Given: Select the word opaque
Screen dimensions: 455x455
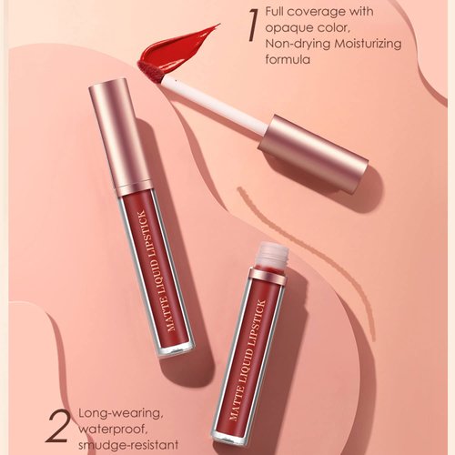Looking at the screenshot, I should (287, 27).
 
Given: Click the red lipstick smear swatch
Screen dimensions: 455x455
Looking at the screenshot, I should (178, 47).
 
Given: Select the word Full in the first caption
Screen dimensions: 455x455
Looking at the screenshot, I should (276, 12).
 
